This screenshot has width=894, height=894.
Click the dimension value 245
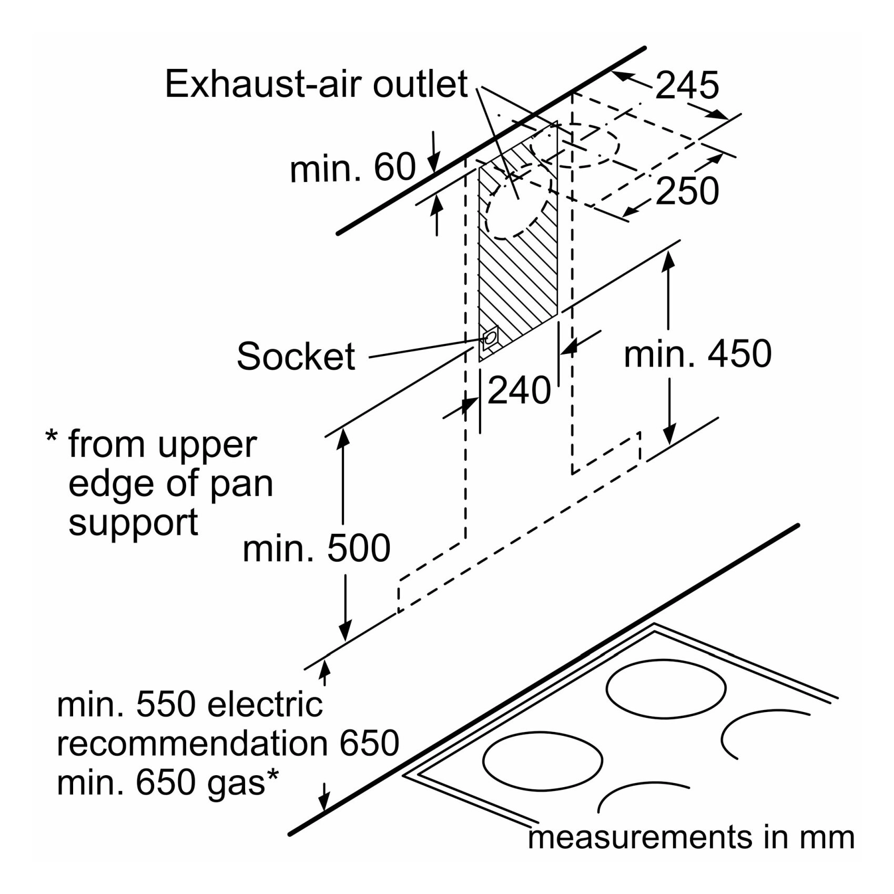click(x=687, y=85)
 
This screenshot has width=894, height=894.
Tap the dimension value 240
click(x=519, y=390)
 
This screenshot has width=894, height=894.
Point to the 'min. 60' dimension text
click(x=352, y=168)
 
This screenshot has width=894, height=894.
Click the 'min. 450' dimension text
click(x=697, y=353)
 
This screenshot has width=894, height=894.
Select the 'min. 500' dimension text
click(x=316, y=548)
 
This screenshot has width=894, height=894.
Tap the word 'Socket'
click(x=296, y=356)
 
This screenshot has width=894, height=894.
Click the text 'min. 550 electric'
click(x=189, y=705)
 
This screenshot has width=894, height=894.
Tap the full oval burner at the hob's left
click(x=542, y=761)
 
